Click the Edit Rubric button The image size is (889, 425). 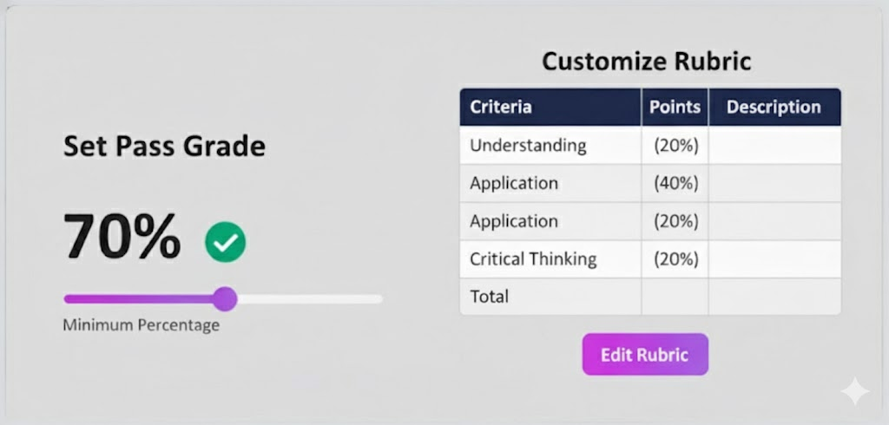coord(645,354)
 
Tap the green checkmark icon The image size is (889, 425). coord(226,242)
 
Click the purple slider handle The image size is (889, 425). coord(225,299)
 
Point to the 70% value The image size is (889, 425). coord(122,236)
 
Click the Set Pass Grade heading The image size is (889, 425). coord(164,146)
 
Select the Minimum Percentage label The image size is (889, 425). coord(141,326)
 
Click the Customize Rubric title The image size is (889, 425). coord(646,62)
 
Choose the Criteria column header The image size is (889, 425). coord(501,108)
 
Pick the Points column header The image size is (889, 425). coord(675,108)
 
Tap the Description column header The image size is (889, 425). coord(774,108)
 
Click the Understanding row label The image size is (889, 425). coord(528,146)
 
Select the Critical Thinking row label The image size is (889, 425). coord(533,258)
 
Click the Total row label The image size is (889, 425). coord(490,297)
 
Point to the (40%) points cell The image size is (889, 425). coord(675,183)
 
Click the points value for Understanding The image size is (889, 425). coord(675,146)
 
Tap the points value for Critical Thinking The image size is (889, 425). coord(675,258)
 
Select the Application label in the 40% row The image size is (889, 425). coord(514,183)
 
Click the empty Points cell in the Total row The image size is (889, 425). coord(675,297)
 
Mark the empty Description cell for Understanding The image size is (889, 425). coord(774,146)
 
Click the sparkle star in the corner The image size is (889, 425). coord(854,392)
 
